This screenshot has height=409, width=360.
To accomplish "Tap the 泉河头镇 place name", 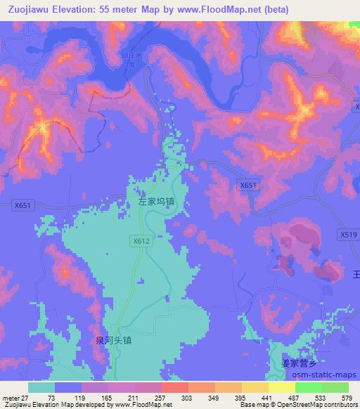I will (x=113, y=339).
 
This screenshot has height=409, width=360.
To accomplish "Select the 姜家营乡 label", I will (x=300, y=363).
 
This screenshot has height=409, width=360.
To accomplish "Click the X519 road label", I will (x=347, y=235).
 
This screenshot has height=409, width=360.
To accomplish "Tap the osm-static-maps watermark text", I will (x=323, y=375).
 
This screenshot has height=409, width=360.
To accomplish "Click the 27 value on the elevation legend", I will (x=25, y=397).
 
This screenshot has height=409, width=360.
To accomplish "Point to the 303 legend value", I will (x=186, y=397).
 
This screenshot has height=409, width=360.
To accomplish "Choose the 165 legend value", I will (x=105, y=397).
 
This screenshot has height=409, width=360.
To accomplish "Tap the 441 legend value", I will (x=266, y=397).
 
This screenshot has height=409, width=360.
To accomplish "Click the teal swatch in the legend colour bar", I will (x=41, y=387).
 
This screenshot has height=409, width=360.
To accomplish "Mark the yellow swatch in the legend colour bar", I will (x=281, y=387).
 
